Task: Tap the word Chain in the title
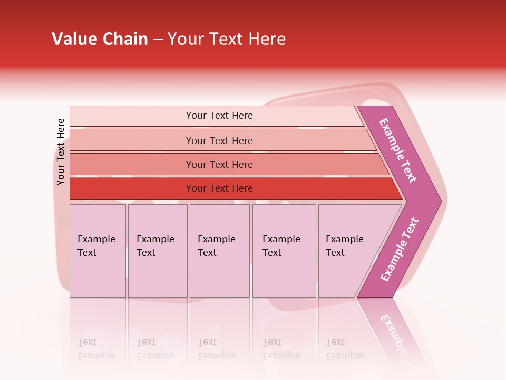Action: coord(125,39)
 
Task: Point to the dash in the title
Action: coord(158,40)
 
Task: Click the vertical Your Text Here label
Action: coord(61,151)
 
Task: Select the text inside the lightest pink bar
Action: coord(219,116)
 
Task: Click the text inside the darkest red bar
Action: coord(219,188)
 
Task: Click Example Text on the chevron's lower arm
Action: coord(400,250)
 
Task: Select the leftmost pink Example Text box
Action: coord(98,251)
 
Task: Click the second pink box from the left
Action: coord(157,251)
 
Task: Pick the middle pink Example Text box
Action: coord(219,251)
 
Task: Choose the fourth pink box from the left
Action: coord(284,251)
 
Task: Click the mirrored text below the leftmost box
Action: coord(96,349)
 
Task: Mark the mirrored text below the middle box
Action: coord(216,349)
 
